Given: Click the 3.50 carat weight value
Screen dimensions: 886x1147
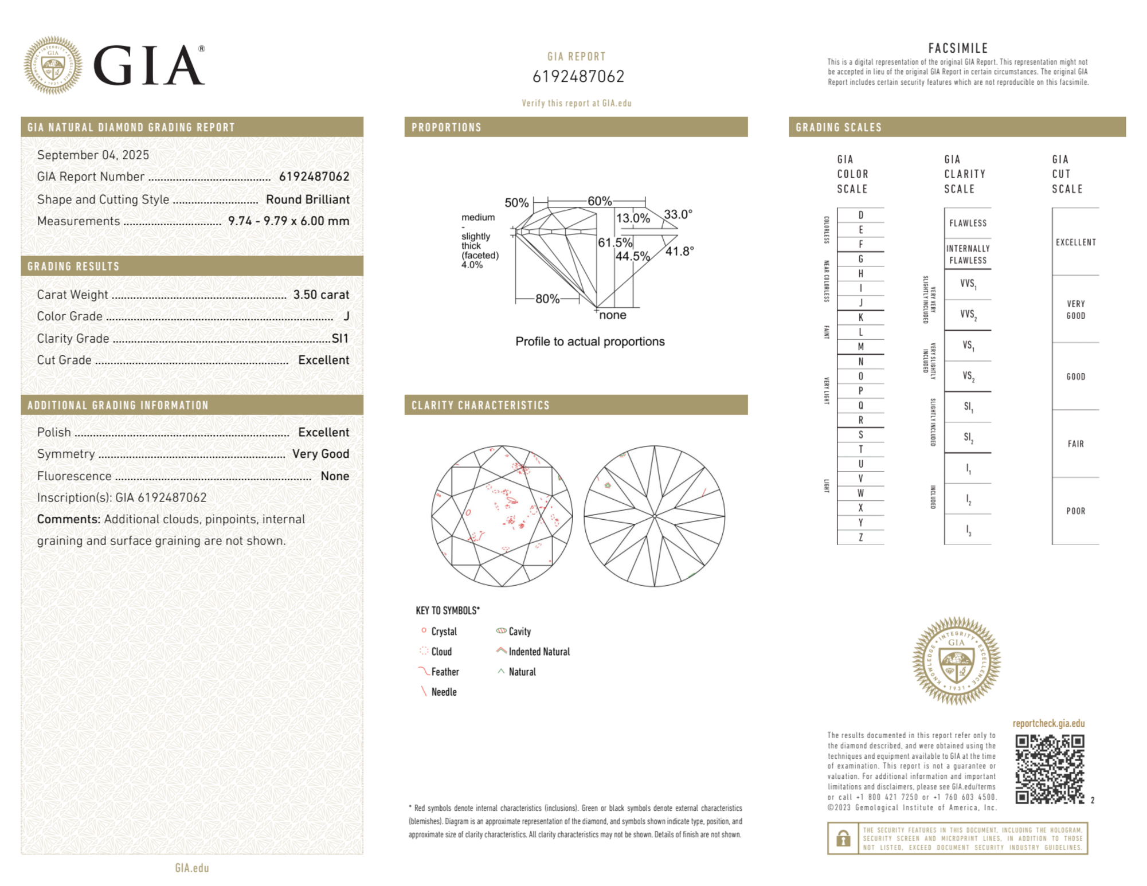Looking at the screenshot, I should pyautogui.click(x=320, y=295).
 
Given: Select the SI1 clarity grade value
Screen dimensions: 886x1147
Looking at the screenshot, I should pyautogui.click(x=340, y=338).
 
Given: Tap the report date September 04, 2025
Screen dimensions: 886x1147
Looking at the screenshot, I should pyautogui.click(x=93, y=155).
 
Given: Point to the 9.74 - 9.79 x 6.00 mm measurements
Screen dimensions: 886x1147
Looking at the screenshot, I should pyautogui.click(x=288, y=221).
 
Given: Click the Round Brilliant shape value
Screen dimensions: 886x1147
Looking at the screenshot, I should pyautogui.click(x=307, y=199).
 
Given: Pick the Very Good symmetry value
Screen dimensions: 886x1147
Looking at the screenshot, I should pyautogui.click(x=320, y=454).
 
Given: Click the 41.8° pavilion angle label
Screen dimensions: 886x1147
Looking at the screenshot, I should pyautogui.click(x=679, y=251).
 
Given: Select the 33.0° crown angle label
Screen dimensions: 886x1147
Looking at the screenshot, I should pyautogui.click(x=678, y=214).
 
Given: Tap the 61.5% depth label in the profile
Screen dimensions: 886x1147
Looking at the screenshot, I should pyautogui.click(x=614, y=242).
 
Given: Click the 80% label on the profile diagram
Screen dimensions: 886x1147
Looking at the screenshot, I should pyautogui.click(x=547, y=299).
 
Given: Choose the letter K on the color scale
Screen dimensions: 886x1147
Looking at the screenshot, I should pyautogui.click(x=860, y=317).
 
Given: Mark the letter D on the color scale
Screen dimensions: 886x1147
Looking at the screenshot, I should pyautogui.click(x=860, y=215).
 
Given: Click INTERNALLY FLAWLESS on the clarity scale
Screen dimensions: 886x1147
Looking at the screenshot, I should pyautogui.click(x=968, y=254).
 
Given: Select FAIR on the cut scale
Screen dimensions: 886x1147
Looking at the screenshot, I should pyautogui.click(x=1075, y=444).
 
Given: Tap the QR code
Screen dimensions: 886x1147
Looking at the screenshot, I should pyautogui.click(x=1049, y=769).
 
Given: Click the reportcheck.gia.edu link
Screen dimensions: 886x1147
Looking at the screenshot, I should pyautogui.click(x=1048, y=723).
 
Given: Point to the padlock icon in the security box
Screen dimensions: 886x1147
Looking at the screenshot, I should pyautogui.click(x=843, y=838).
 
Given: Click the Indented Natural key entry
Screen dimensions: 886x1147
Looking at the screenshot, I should pyautogui.click(x=539, y=652).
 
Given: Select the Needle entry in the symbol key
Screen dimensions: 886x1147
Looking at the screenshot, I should pyautogui.click(x=444, y=692).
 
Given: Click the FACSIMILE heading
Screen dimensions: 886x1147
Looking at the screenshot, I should pyautogui.click(x=958, y=48).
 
